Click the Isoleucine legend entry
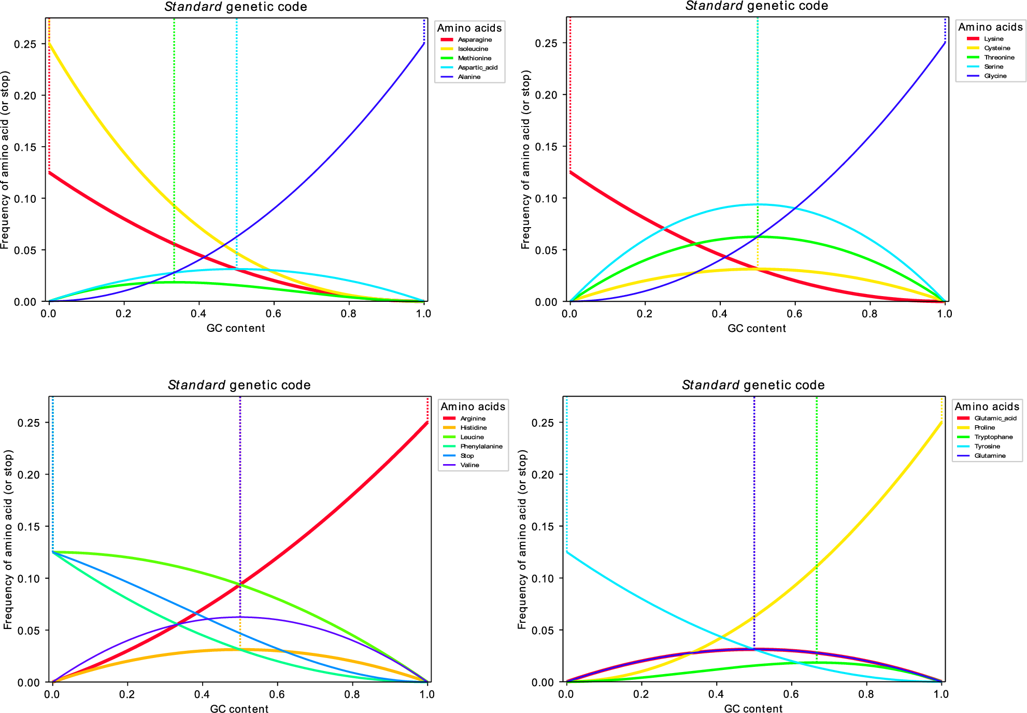(x=473, y=49)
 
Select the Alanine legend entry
(x=469, y=77)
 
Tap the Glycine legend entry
(x=995, y=76)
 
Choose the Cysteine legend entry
(x=997, y=48)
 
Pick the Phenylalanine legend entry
(x=481, y=446)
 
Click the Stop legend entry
(x=467, y=455)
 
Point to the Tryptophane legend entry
(x=993, y=437)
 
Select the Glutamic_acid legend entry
(x=995, y=418)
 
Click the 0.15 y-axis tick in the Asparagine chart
(x=25, y=147)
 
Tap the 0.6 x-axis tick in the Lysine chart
(x=794, y=313)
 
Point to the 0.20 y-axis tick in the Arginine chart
(x=28, y=474)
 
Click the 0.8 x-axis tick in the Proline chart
(x=866, y=694)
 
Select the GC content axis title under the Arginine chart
(x=239, y=708)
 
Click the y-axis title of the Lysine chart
(x=525, y=159)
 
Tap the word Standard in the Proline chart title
(x=710, y=385)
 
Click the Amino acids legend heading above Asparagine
(x=469, y=28)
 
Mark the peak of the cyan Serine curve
(x=758, y=204)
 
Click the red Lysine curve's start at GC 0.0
(x=570, y=172)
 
